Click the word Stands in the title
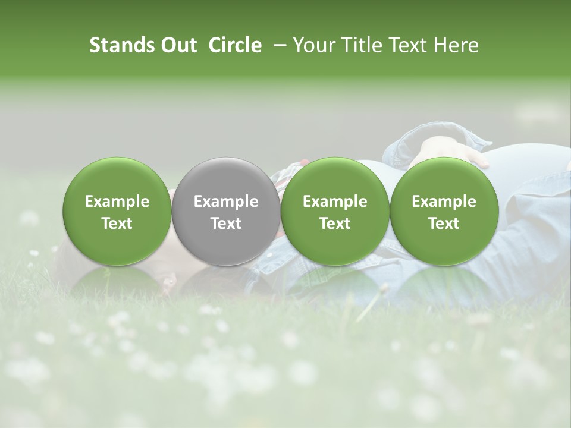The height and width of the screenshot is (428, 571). (x=121, y=45)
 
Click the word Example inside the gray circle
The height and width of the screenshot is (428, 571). (x=225, y=202)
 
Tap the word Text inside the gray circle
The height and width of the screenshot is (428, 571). (x=225, y=224)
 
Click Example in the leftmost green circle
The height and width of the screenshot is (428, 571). (x=117, y=202)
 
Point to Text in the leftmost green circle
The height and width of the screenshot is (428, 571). (x=117, y=224)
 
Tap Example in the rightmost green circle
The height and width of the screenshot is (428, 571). (x=444, y=202)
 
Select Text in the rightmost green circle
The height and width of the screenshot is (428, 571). (x=444, y=224)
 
